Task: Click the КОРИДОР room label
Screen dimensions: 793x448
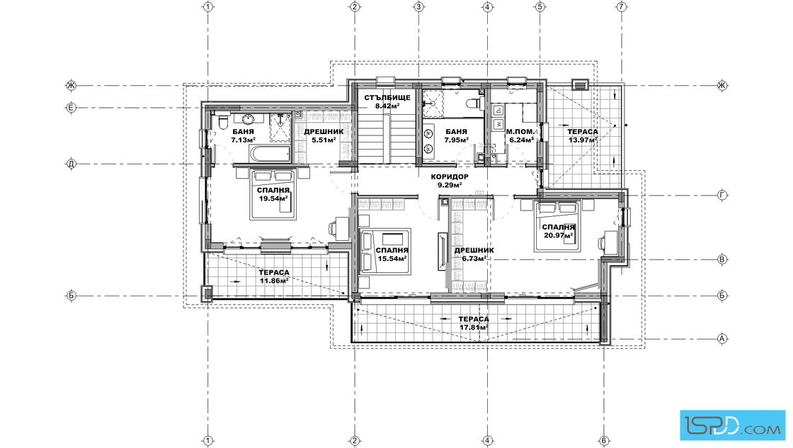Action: click(450, 177)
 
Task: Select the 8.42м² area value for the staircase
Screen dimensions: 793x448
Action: click(387, 106)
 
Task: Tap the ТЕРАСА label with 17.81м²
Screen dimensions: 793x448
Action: click(474, 320)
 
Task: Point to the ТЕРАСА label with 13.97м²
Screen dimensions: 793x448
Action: click(583, 132)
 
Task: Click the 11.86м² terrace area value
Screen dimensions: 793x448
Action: click(274, 281)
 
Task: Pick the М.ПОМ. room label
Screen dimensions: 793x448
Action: click(520, 132)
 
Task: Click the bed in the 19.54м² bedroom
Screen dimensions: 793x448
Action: click(273, 194)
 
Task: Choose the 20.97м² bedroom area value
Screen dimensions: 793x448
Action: click(559, 235)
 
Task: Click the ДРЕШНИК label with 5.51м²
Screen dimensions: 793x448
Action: click(324, 132)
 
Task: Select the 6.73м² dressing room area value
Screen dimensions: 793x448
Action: click(474, 258)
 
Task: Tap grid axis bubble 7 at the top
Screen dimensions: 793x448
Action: click(622, 6)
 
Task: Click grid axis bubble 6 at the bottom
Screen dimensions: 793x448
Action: click(604, 440)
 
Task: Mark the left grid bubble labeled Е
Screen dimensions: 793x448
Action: click(72, 107)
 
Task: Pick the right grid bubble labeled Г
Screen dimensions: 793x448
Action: click(722, 196)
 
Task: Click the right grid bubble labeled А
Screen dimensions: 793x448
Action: click(722, 339)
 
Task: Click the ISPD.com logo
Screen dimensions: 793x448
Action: click(732, 425)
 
